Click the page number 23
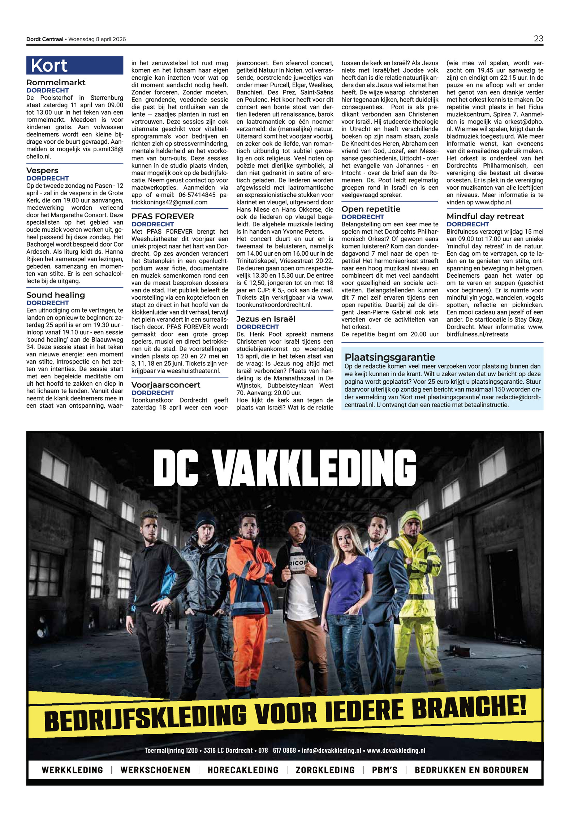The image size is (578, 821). coord(538,39)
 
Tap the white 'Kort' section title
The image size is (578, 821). coord(49,66)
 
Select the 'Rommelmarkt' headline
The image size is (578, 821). coord(56,82)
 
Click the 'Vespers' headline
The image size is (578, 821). coord(42,170)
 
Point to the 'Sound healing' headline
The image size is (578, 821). coord(55,295)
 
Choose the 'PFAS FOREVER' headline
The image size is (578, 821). coord(163,216)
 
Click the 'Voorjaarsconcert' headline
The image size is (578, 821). coord(165,385)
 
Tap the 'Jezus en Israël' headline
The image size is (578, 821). coord(266,319)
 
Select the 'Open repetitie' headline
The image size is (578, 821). coord(371,209)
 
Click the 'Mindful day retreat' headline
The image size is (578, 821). coord(485,216)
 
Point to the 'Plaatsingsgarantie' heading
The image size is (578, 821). coord(389,357)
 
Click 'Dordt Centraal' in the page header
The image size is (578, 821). coord(44,39)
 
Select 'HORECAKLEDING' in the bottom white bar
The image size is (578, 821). coord(243,770)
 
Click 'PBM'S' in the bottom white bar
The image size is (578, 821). coord(384,770)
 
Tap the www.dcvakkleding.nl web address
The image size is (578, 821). coord(396,750)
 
